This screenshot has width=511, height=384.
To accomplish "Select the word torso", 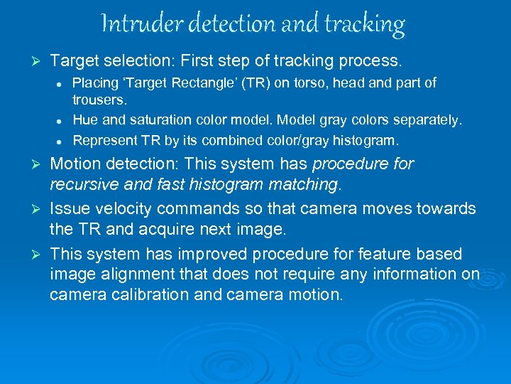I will click(301, 82).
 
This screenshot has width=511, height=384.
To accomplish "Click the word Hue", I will click(85, 120).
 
